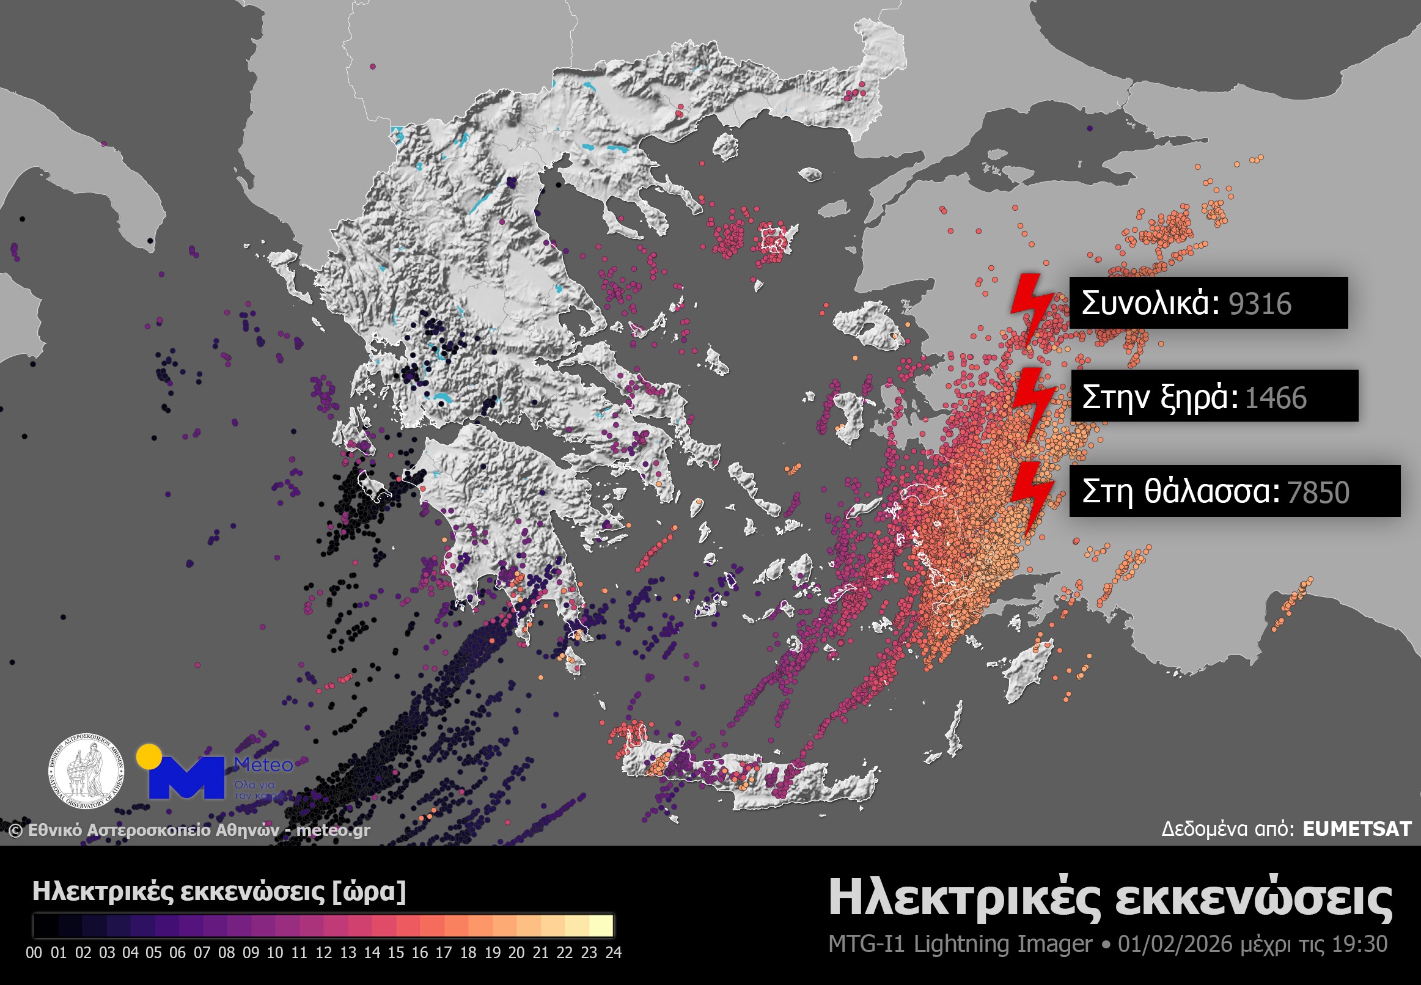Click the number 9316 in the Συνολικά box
pos(1259,304)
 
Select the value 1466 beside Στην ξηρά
pos(1276,398)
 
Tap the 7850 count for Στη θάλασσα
pos(1318,492)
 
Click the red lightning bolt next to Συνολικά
pos(1032,309)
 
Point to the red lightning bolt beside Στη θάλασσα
pos(1032,497)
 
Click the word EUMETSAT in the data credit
pos(1357,829)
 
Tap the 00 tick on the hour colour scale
pos(34,952)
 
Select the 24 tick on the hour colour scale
pos(613,952)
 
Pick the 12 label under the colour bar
pos(323,952)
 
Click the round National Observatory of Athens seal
pos(86,772)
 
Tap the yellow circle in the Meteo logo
pos(149,756)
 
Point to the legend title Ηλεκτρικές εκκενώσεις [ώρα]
pos(219,892)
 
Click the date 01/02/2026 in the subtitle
pos(1174,944)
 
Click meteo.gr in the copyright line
pos(333,830)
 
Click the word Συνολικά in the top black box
pos(1151,304)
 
